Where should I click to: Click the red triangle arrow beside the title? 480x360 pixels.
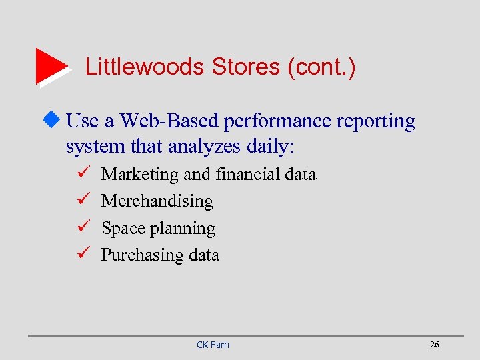[51, 66]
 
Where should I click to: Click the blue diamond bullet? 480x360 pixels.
[55, 121]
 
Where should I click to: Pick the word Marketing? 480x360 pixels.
[139, 175]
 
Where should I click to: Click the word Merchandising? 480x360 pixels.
[157, 201]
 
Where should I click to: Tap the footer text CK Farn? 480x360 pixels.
[213, 345]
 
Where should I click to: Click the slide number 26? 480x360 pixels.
[435, 345]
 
